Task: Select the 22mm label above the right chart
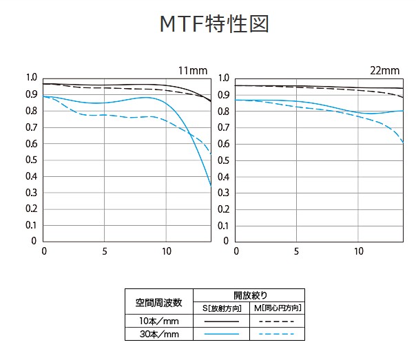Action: tap(385, 70)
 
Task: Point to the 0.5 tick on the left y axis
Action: tap(32, 160)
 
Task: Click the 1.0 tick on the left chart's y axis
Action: tap(32, 78)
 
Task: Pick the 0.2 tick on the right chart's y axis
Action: tap(223, 209)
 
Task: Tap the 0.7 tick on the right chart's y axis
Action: tap(223, 127)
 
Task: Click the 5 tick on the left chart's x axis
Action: tap(104, 251)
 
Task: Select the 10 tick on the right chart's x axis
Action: tap(359, 251)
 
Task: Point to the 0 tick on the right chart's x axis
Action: tap(236, 251)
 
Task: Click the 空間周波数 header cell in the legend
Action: tap(158, 301)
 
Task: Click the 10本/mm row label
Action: tap(158, 321)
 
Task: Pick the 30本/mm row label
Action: tap(158, 334)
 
